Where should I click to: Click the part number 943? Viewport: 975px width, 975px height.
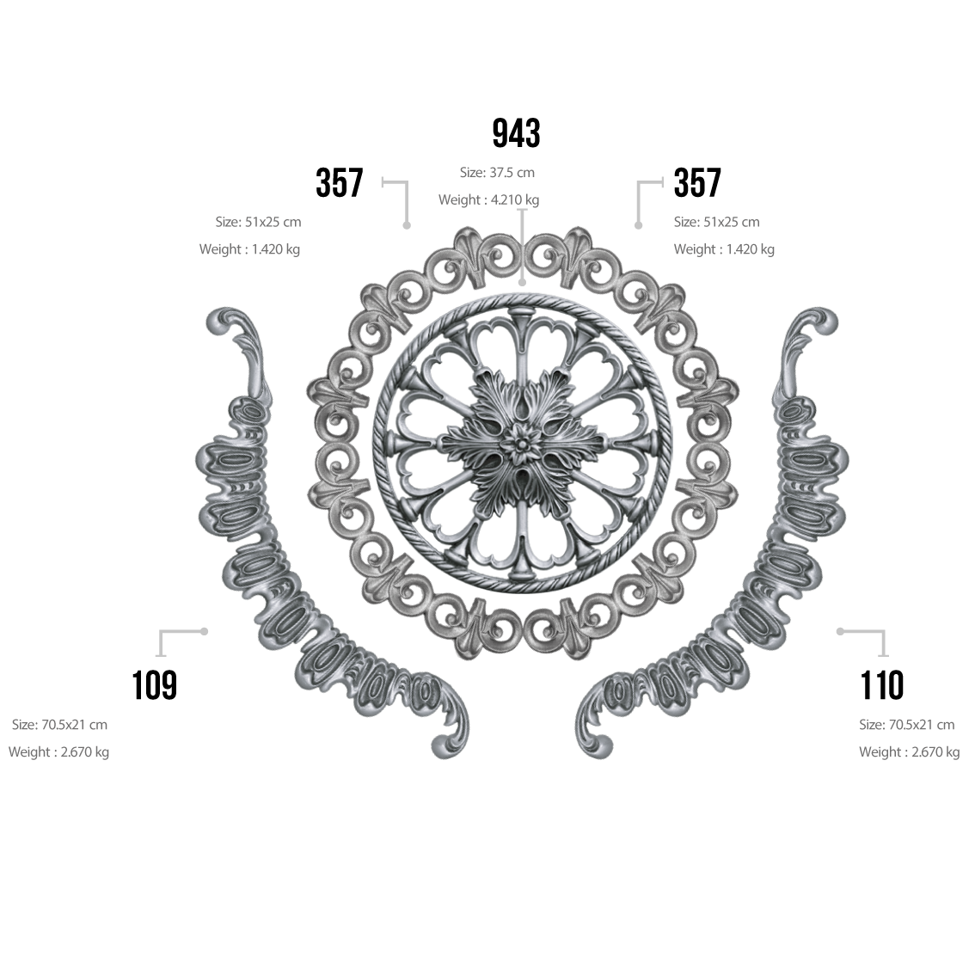(516, 132)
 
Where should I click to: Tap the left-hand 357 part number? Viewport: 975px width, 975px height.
(339, 182)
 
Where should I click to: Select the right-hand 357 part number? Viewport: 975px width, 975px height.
(697, 182)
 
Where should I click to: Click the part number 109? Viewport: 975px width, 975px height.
(154, 685)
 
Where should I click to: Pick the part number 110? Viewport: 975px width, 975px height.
(881, 685)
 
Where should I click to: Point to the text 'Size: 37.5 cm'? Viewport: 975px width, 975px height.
(497, 172)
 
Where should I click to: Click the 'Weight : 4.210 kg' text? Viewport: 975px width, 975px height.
(488, 199)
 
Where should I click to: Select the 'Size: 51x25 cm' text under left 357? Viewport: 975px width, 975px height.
(258, 221)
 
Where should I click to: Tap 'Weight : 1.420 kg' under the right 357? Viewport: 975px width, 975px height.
(724, 248)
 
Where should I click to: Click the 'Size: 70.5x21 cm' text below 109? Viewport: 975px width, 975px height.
(59, 725)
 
